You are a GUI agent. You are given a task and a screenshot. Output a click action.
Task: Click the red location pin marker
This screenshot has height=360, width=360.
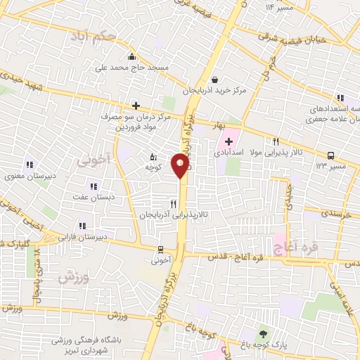click(181, 166)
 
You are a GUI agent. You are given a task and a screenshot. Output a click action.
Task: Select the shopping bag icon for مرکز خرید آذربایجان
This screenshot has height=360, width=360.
click(214, 80)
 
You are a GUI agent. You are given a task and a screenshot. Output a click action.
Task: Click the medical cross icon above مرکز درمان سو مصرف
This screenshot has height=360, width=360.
click(136, 105)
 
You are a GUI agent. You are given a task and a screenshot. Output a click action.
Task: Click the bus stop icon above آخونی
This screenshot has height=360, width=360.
click(161, 249)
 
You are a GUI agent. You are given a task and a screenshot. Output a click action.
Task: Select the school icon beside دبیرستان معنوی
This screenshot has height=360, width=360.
click(29, 162)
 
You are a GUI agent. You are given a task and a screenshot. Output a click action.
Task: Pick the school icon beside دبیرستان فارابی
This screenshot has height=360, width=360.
click(82, 226)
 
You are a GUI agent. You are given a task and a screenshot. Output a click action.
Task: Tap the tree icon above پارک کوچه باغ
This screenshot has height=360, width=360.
click(264, 333)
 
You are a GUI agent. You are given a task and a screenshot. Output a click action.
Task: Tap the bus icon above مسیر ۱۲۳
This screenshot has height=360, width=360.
click(330, 155)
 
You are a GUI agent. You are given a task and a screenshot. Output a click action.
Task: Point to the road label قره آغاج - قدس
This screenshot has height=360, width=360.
click(236, 258)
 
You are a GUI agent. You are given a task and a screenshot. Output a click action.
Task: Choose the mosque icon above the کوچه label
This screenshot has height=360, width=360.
click(153, 157)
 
